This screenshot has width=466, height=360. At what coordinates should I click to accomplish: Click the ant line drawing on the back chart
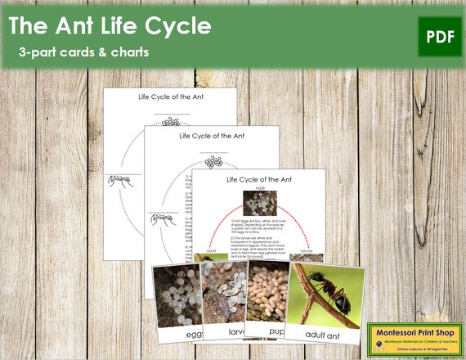(x=119, y=180)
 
